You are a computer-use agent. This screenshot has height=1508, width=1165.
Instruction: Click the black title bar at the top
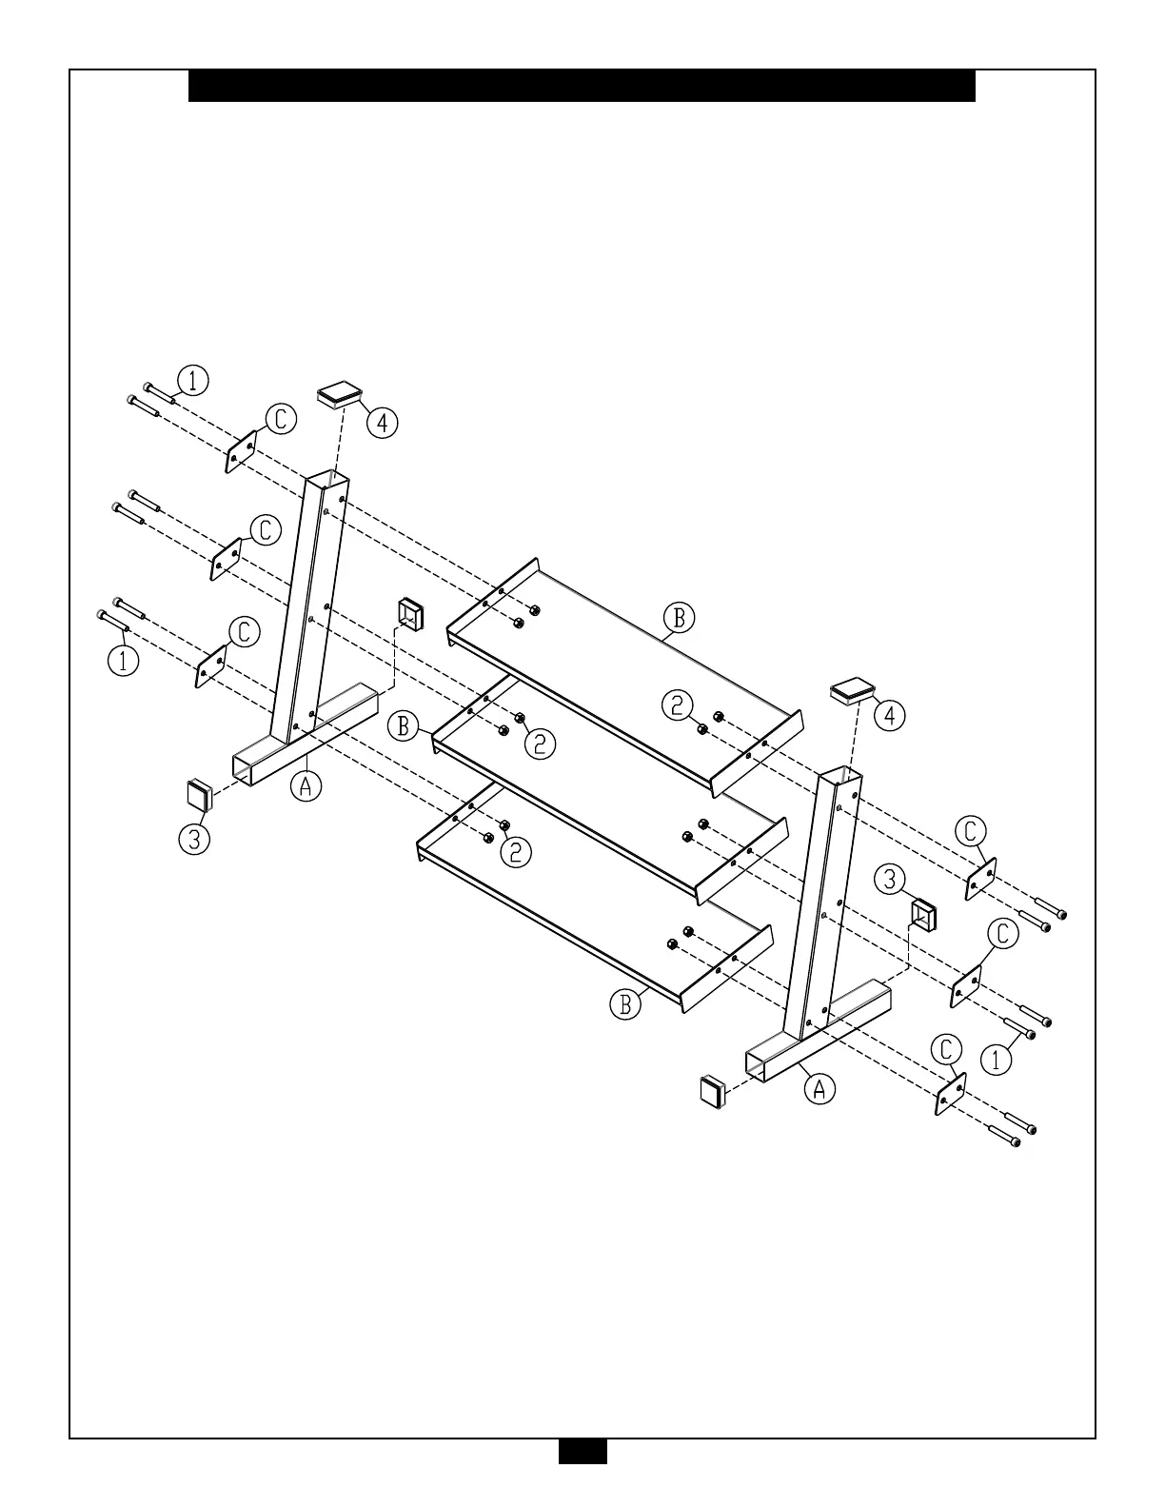[582, 86]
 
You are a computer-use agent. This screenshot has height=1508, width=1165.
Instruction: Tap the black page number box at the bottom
[582, 1477]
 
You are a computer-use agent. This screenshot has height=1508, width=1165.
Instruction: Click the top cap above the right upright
[853, 690]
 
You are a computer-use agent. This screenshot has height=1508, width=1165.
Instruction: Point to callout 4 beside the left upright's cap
[383, 422]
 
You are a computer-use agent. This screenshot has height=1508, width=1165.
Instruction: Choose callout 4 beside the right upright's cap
[890, 715]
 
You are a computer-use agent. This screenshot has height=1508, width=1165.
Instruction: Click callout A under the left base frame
[306, 785]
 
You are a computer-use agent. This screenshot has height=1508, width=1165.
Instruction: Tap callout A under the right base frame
[820, 1087]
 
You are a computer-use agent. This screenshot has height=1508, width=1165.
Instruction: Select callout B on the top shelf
[679, 618]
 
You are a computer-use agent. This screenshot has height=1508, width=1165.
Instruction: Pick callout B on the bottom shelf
[625, 1004]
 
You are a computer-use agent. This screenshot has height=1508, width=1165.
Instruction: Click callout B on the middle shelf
[404, 727]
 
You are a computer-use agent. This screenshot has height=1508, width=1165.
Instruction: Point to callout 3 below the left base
[194, 839]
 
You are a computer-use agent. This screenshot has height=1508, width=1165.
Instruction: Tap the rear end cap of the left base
[410, 614]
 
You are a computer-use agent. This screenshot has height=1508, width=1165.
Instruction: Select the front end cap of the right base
[713, 1091]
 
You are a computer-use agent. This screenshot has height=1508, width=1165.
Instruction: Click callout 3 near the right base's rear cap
[890, 879]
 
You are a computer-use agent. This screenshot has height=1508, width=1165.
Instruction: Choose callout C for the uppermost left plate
[281, 419]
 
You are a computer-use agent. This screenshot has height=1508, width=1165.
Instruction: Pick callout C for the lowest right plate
[946, 1050]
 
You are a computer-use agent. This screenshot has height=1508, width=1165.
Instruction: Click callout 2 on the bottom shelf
[515, 852]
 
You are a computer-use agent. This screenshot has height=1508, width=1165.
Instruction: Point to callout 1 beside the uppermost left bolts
[193, 381]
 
